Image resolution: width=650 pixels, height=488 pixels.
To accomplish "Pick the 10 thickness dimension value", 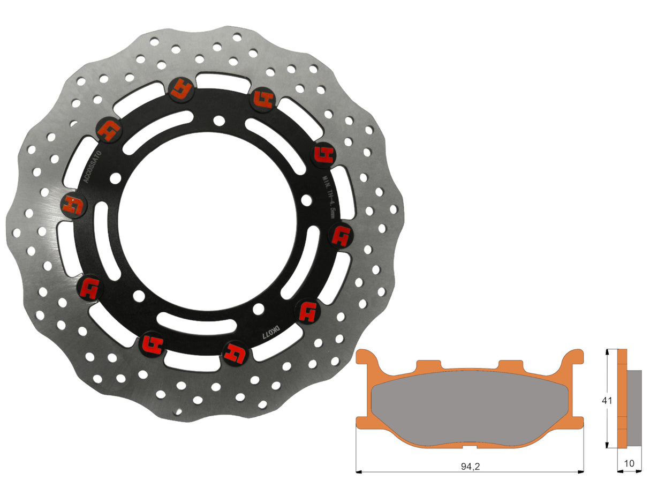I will (x=630, y=463).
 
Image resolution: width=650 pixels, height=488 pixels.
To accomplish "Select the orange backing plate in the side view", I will (x=622, y=399).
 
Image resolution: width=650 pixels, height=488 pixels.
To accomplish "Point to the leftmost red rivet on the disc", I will (x=74, y=204).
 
